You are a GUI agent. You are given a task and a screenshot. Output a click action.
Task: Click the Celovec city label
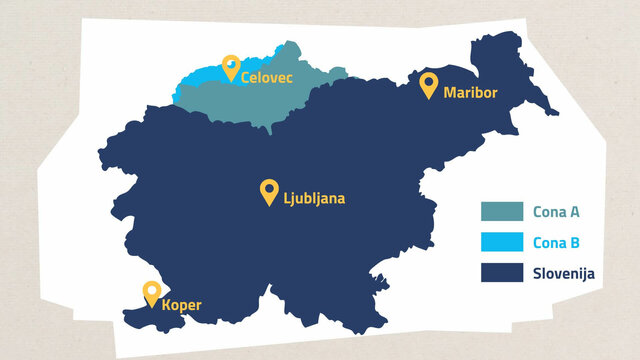(x=267, y=77)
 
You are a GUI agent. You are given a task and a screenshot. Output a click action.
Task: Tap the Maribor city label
(x=470, y=93)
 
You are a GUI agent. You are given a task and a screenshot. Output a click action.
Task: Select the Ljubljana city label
(x=314, y=198)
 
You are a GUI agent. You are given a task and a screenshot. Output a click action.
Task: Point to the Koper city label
(x=184, y=305)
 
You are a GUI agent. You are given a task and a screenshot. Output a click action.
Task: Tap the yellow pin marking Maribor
(x=429, y=85)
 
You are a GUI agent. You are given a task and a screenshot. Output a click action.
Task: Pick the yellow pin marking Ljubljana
(x=268, y=191)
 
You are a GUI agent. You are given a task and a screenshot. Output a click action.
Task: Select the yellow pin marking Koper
(x=152, y=293)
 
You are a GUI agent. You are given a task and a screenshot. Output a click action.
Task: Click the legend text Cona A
(x=556, y=212)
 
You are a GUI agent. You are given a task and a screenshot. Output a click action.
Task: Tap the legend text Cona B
(x=556, y=242)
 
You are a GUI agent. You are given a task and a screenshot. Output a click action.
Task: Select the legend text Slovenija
(x=565, y=272)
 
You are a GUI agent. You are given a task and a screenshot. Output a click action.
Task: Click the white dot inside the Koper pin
(x=152, y=290)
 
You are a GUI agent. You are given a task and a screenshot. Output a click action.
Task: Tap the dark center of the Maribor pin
(x=429, y=82)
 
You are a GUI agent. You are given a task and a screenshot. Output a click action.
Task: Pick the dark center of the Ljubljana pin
(x=268, y=188)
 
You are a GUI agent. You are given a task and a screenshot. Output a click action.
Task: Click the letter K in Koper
(x=167, y=305)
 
